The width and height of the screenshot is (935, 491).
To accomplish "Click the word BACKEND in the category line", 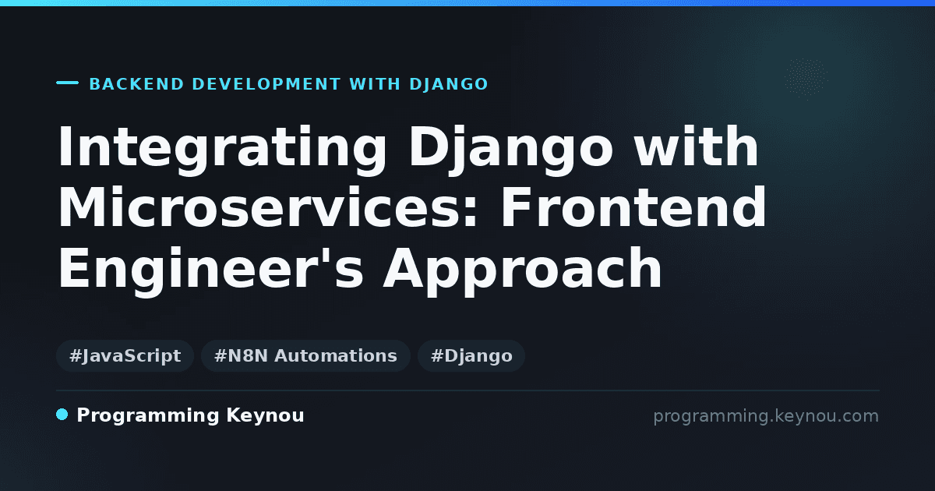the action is coord(136,84).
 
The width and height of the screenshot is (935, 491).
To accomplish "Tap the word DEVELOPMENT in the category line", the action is coord(266,84).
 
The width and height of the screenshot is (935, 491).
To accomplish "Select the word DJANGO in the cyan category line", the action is coord(449,84).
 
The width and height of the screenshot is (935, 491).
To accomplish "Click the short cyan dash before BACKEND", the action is coord(67,83).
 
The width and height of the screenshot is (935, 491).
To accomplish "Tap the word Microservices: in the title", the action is coord(268,207).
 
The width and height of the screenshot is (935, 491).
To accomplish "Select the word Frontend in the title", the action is coord(633,207).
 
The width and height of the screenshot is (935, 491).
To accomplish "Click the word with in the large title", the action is coord(696,146).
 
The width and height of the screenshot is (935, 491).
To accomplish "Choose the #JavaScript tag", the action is coord(125,355).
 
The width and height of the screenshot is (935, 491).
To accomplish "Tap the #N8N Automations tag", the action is coord(305,355).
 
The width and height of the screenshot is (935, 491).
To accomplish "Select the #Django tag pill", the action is coord(471,355).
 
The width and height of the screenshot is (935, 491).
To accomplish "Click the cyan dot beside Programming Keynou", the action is coord(62,415).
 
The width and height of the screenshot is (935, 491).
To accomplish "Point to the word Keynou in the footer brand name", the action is coord(265,415).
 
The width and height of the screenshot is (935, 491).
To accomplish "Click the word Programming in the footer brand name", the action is coord(148,416).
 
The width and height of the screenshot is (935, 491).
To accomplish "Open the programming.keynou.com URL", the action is coord(766,416).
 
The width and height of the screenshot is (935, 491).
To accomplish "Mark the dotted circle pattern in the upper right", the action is coord(806,79).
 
